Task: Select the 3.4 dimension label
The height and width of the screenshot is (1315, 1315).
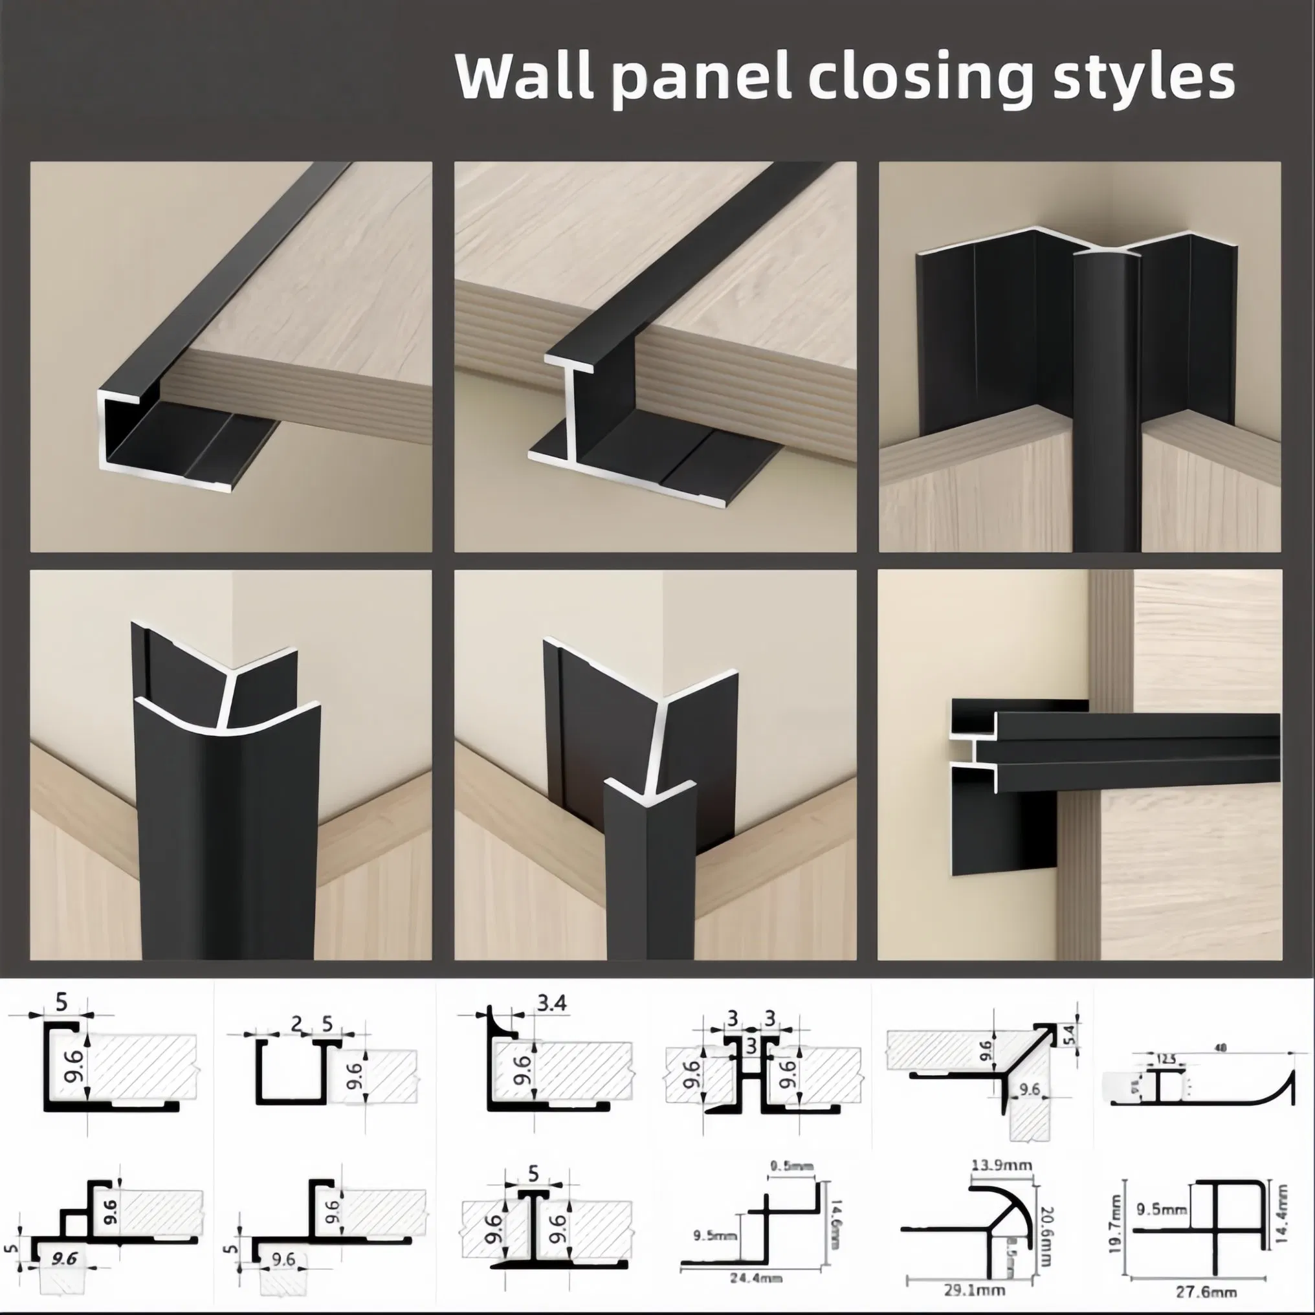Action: click(x=551, y=1002)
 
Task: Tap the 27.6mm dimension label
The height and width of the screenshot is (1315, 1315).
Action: click(x=1209, y=1291)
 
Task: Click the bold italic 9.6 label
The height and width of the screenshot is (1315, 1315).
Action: click(x=63, y=1259)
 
